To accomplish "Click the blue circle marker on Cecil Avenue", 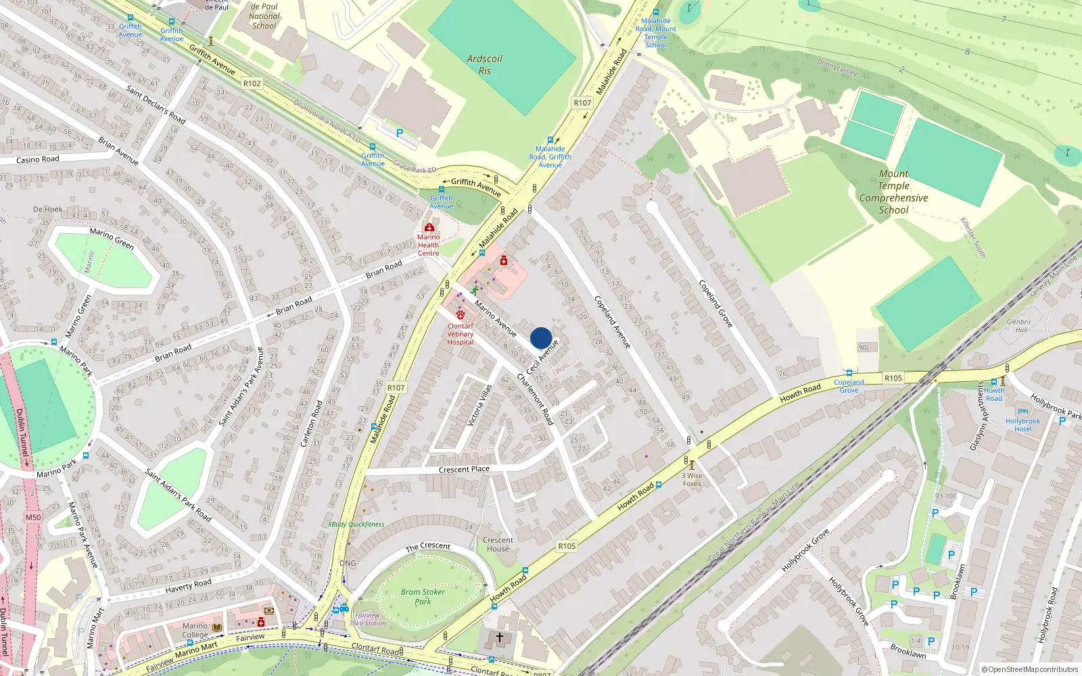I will click(x=541, y=338).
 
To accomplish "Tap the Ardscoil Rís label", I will click(x=484, y=64).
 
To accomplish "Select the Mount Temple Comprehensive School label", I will click(x=893, y=192).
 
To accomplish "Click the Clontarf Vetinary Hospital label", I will click(x=461, y=334).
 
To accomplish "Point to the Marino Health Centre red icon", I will click(x=429, y=228).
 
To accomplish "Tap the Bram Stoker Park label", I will click(x=423, y=596).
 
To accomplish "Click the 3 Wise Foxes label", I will click(x=692, y=479).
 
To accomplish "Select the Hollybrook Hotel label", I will click(x=1022, y=425).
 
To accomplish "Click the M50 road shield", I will click(x=33, y=517).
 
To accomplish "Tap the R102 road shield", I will click(x=252, y=83).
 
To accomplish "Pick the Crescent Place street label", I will click(x=464, y=469).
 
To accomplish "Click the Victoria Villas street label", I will click(x=479, y=405).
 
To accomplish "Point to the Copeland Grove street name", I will click(x=715, y=304).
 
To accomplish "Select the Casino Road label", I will click(x=38, y=160).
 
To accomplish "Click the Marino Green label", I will click(x=112, y=239).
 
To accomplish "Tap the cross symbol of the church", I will click(x=500, y=637).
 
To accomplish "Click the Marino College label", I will click(x=195, y=630).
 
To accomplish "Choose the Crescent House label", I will click(x=498, y=544).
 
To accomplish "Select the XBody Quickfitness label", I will click(x=356, y=524).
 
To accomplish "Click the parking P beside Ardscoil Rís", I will click(x=400, y=133).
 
